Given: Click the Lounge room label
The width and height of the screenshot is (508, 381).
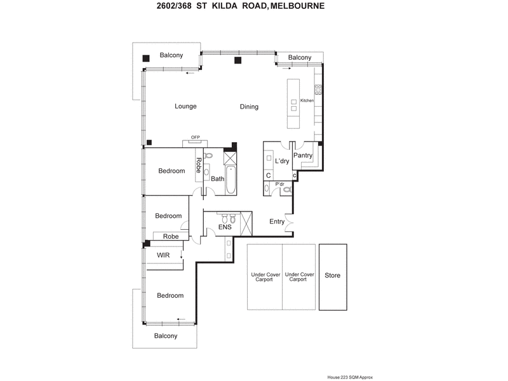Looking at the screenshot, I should pyautogui.click(x=186, y=106).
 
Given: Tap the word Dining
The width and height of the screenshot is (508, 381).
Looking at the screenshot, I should pyautogui.click(x=249, y=107).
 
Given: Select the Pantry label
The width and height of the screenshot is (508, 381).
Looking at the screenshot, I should pyautogui.click(x=303, y=155).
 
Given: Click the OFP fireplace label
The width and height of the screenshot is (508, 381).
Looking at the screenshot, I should pyautogui.click(x=196, y=137).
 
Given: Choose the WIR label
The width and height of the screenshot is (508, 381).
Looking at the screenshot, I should pyautogui.click(x=163, y=255).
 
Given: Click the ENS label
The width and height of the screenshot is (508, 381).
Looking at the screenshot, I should pyautogui.click(x=225, y=226).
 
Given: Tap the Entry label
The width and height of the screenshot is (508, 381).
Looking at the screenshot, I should pyautogui.click(x=277, y=222).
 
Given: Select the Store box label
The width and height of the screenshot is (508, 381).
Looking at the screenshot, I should pyautogui.click(x=333, y=276).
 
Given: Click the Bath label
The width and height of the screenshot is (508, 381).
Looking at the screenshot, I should pyautogui.click(x=217, y=179).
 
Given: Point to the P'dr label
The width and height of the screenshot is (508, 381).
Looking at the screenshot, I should pyautogui.click(x=279, y=184).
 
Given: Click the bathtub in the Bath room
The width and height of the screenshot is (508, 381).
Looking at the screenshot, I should pyautogui.click(x=231, y=180).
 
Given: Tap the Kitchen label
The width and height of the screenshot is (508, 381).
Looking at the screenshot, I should pyautogui.click(x=307, y=100).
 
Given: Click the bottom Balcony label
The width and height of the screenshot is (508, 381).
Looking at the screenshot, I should pyautogui.click(x=166, y=336).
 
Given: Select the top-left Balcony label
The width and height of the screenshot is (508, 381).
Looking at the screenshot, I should pyautogui.click(x=171, y=55).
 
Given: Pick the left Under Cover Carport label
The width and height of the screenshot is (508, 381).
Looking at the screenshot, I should pyautogui.click(x=264, y=277).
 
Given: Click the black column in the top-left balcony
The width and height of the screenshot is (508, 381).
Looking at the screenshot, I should pyautogui.click(x=146, y=58).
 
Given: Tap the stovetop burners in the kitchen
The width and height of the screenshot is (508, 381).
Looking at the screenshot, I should pyautogui.click(x=319, y=89).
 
